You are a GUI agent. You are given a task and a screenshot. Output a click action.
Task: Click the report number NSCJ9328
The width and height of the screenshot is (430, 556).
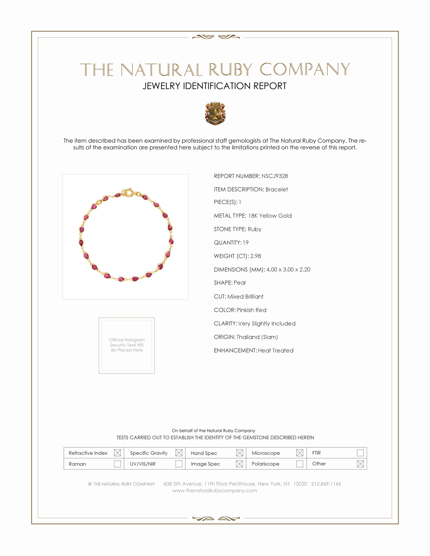274,176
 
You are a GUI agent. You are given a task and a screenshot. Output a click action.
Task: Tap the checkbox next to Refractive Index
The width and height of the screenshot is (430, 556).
117,453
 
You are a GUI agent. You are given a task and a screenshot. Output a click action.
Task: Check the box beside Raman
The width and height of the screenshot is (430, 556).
117,464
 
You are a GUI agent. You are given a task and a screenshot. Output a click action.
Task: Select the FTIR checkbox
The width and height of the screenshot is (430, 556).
360,453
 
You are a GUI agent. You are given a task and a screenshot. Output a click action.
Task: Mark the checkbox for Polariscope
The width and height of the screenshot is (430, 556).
299,464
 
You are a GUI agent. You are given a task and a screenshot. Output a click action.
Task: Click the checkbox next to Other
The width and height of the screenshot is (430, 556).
360,464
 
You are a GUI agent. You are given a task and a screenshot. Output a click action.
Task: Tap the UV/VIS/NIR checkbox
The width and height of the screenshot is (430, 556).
179,464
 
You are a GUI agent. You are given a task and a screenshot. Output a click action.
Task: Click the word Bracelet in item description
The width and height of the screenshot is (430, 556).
276,189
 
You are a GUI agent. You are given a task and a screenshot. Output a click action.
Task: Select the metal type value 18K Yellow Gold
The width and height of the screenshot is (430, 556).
270,216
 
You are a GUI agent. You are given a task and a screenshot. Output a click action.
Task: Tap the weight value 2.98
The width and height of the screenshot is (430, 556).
255,256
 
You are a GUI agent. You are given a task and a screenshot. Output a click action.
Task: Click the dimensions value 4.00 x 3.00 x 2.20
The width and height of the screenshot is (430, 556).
288,269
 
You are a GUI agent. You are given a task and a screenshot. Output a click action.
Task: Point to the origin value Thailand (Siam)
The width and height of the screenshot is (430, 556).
257,337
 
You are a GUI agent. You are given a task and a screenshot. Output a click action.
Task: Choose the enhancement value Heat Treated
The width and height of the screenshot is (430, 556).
276,350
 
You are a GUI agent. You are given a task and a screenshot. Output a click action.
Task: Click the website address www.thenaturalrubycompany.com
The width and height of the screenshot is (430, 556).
214,490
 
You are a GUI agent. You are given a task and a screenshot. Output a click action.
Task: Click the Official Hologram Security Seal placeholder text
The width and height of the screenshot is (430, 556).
127,345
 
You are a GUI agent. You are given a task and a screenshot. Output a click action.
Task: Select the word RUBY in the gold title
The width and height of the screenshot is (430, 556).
230,69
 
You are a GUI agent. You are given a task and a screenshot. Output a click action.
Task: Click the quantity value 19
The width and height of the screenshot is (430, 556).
245,242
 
